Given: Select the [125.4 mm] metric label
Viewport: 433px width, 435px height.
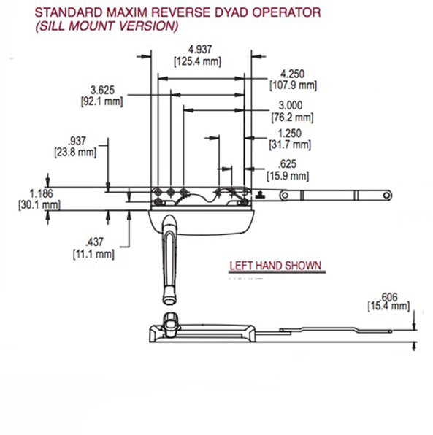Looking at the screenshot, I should tap(197, 61).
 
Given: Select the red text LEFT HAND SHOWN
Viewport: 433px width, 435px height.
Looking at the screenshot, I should tap(275, 266).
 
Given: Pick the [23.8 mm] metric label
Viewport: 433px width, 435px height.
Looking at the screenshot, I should tap(74, 153).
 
